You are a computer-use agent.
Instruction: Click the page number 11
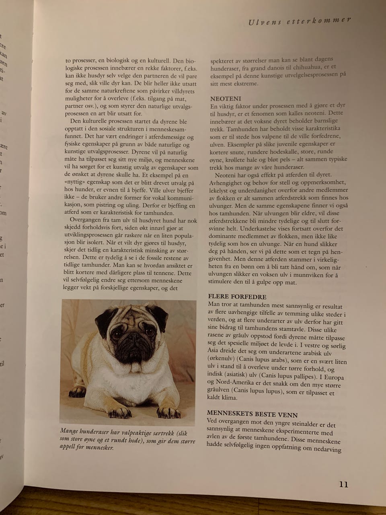tap(343, 484)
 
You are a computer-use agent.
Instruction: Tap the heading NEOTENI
tap(226, 99)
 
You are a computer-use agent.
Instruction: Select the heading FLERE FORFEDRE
tap(237, 297)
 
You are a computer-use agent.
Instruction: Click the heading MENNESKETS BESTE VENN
tap(252, 413)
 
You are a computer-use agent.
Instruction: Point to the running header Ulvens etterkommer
tap(299, 21)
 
